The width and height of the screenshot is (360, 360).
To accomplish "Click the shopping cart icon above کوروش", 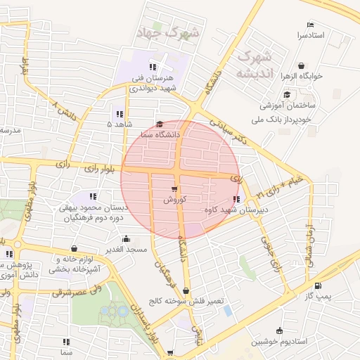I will (174, 189).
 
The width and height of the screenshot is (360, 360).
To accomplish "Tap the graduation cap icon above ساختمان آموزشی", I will (287, 94).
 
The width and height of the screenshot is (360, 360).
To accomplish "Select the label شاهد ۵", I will (120, 124).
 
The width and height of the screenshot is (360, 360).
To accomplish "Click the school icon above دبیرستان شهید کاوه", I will (235, 199).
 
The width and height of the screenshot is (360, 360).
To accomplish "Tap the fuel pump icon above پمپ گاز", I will (319, 286).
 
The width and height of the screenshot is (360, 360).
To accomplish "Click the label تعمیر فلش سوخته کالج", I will (186, 301).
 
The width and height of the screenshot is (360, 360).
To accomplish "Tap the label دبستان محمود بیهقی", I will (95, 207).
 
